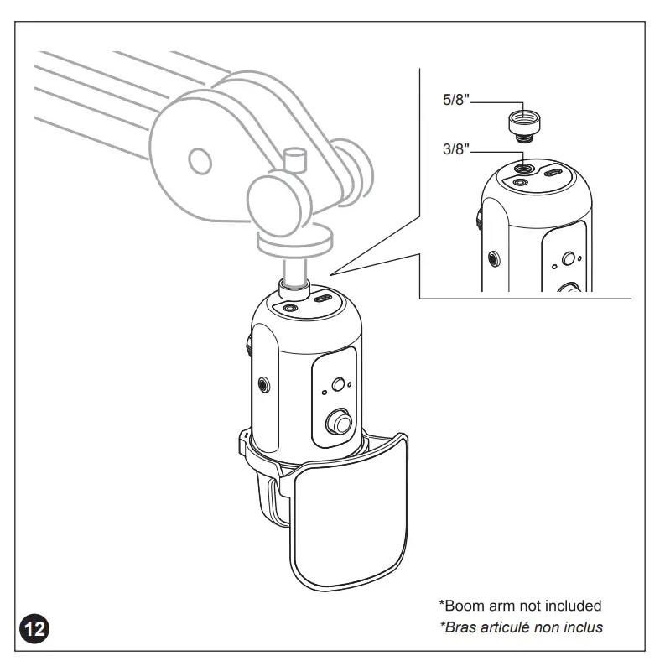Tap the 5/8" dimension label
[457, 100]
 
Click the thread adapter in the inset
[523, 124]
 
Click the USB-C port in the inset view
[553, 174]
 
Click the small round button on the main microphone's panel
[339, 384]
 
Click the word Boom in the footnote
[463, 605]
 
